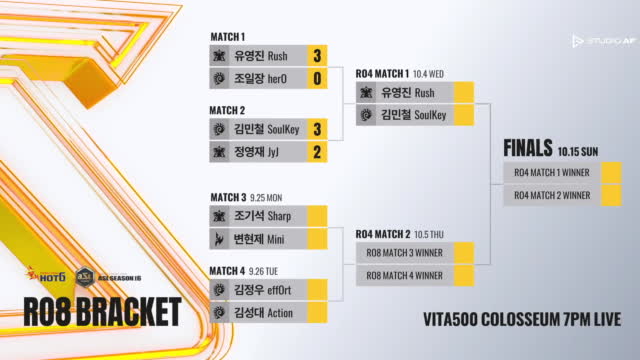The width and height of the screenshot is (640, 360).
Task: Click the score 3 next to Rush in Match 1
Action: coord(317,56)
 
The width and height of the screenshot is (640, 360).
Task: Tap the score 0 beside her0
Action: coord(317,77)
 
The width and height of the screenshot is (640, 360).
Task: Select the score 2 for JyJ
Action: coord(317,152)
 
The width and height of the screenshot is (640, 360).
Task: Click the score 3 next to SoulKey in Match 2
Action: coord(317,130)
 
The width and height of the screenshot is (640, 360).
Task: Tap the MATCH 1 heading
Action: coord(227,36)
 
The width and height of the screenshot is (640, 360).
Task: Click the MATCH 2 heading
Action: coord(227,110)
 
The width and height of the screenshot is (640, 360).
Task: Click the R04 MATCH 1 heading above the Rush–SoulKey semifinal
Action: coord(382,73)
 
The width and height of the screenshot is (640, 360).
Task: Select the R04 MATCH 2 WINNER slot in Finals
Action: coord(551,195)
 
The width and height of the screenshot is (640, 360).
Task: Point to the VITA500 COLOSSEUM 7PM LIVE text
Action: coord(521,321)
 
